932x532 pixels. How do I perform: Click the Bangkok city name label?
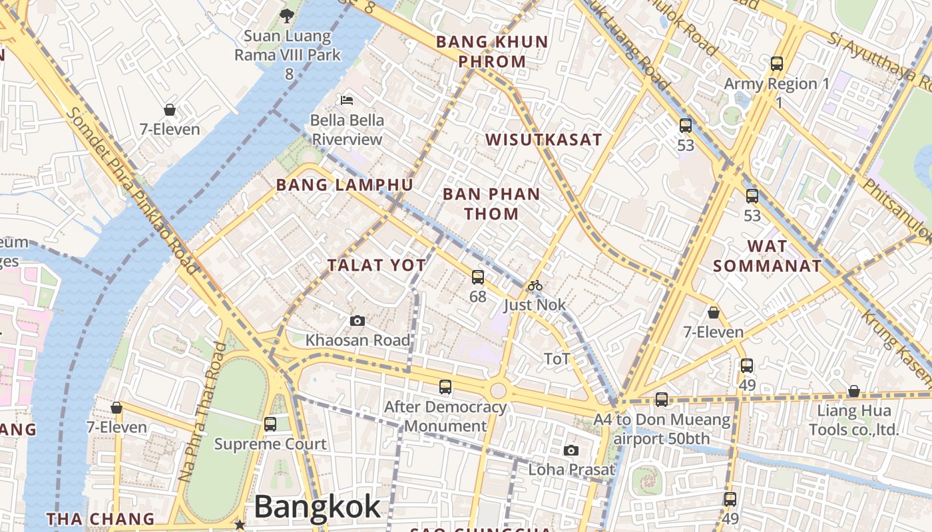(x=317, y=507)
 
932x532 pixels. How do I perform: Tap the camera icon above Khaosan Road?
(x=357, y=321)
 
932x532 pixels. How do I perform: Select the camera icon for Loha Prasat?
(x=571, y=451)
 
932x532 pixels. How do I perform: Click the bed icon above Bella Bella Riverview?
(x=347, y=100)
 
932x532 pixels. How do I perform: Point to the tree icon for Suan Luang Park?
(x=288, y=15)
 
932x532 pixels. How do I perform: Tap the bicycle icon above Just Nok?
(x=535, y=286)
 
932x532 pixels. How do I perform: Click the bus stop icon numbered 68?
(x=478, y=277)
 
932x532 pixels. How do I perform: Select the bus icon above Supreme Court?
(x=270, y=424)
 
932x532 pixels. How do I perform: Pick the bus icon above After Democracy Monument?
(x=445, y=387)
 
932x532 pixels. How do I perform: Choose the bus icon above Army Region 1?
(x=777, y=64)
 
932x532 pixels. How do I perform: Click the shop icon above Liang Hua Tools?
(x=853, y=391)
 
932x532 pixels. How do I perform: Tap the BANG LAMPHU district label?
(x=345, y=185)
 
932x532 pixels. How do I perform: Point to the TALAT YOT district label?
(x=377, y=265)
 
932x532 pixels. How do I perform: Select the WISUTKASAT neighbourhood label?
(x=544, y=140)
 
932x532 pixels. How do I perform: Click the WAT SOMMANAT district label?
(x=767, y=256)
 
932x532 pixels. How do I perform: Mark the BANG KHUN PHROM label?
(x=492, y=51)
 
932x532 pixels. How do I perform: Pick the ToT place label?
(x=557, y=359)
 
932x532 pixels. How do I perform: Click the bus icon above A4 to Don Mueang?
(x=661, y=400)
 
